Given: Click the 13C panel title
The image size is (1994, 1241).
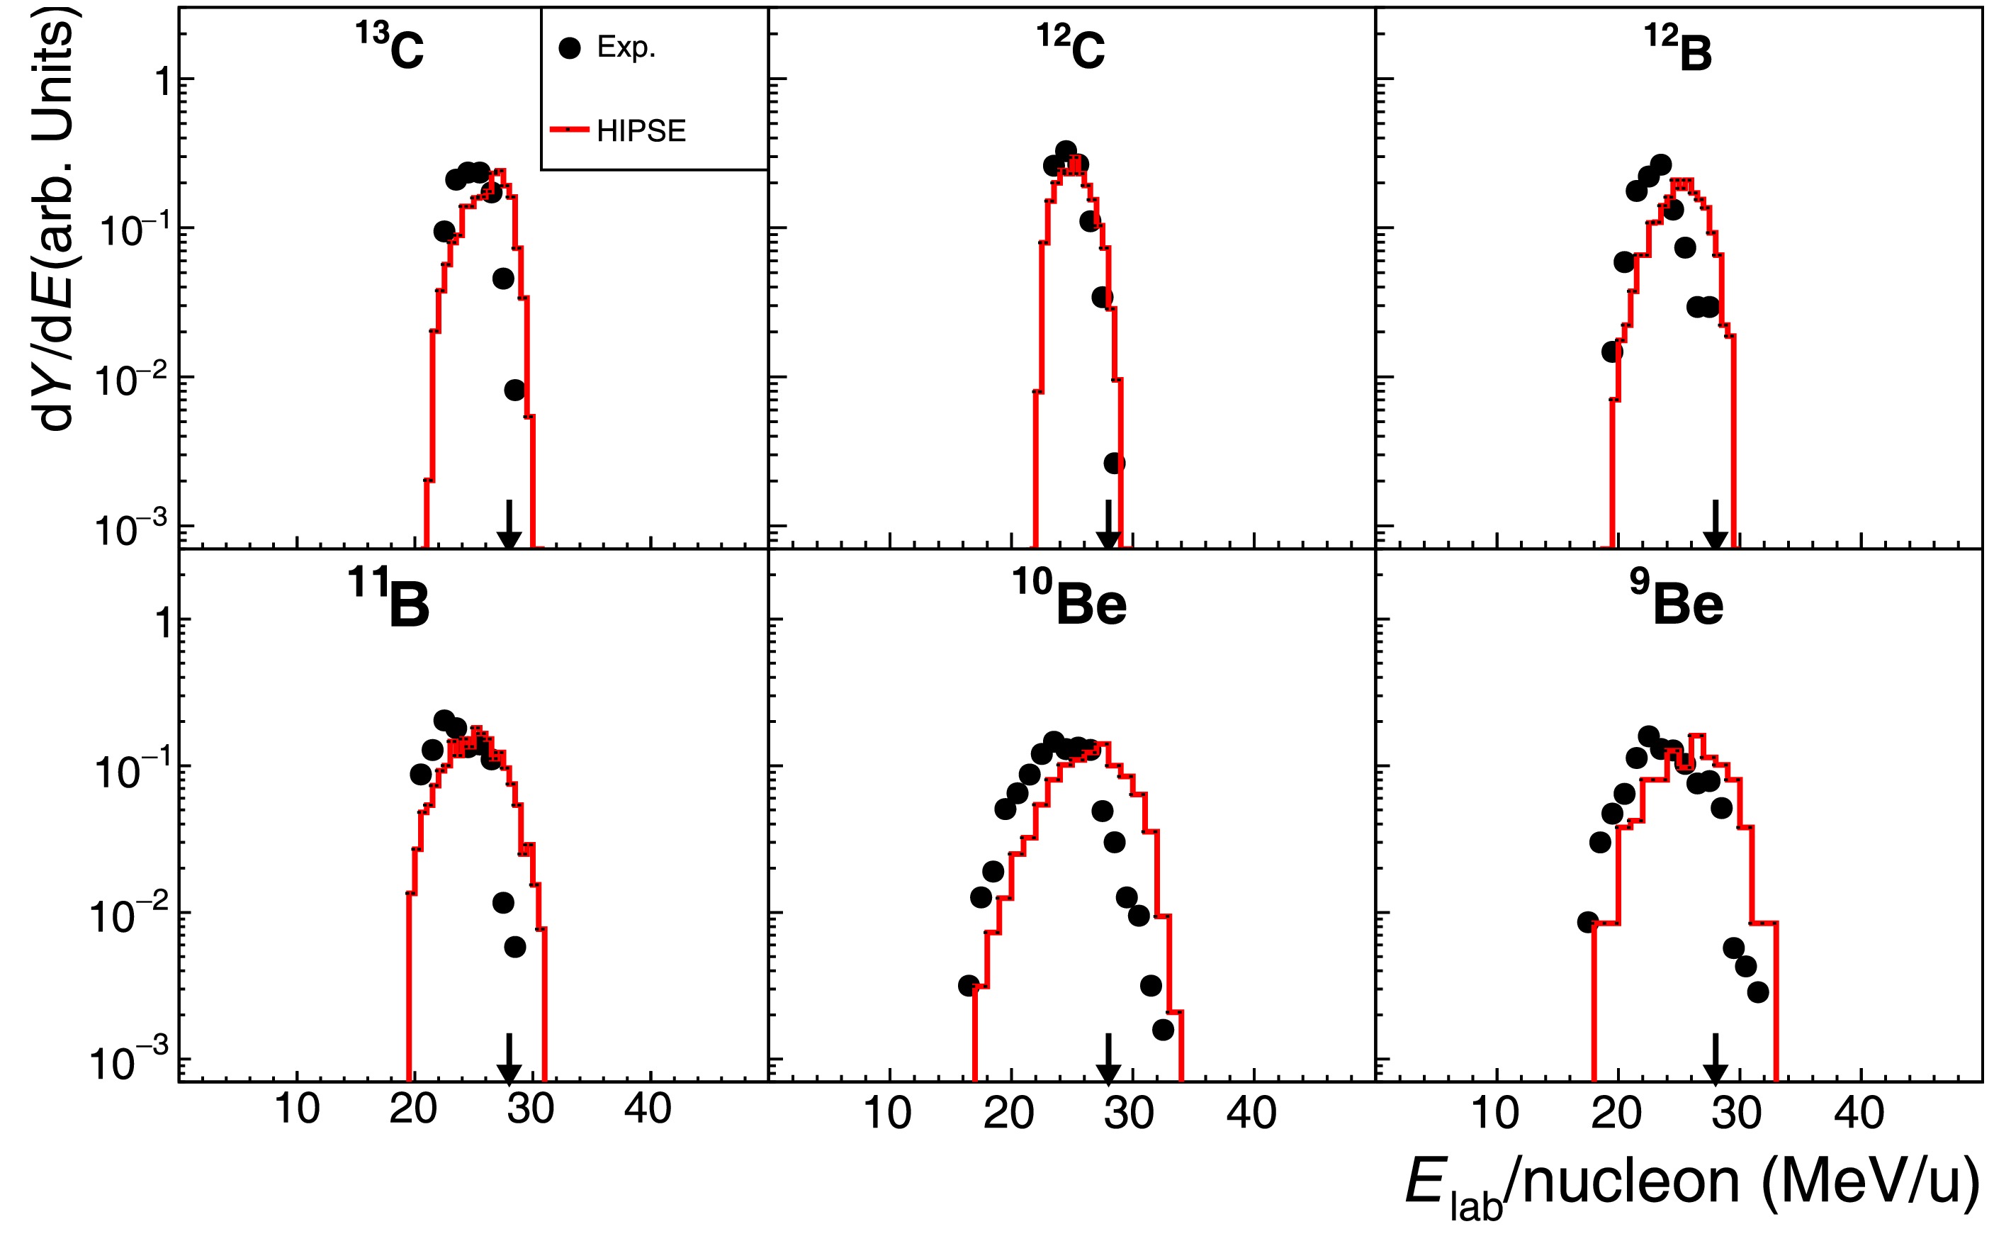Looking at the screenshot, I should (390, 47).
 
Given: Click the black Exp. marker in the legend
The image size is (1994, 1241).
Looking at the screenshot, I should (570, 48).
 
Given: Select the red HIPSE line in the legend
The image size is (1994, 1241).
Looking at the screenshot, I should (570, 130).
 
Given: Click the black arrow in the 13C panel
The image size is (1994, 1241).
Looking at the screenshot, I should (509, 525).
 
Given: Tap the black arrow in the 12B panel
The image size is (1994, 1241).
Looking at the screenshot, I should (1714, 525).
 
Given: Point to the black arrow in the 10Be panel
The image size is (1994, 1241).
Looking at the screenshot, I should (1108, 1060).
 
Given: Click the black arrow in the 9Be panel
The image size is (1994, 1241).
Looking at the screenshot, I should (1714, 1060).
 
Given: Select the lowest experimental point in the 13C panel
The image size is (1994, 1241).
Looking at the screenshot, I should (514, 390).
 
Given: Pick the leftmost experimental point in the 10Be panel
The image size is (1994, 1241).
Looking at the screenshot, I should (969, 986).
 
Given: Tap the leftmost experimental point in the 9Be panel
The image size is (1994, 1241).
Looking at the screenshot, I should (1588, 922).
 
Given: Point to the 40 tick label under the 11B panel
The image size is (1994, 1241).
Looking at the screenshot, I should (648, 1110).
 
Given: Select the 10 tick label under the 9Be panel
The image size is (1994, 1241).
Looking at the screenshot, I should (1495, 1113).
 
